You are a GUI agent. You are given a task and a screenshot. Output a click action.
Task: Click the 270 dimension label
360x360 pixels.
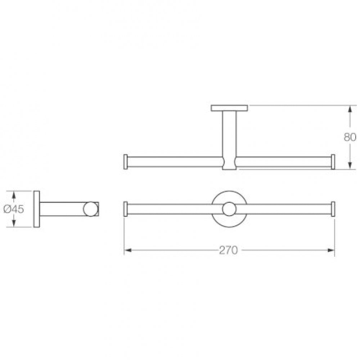click(x=228, y=250)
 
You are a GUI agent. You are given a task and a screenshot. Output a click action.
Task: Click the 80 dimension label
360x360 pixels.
click(x=350, y=137)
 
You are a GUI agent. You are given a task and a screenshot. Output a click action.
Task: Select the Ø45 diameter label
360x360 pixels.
click(x=14, y=209)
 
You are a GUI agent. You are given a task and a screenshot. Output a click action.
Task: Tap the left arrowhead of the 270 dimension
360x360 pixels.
click(x=128, y=250)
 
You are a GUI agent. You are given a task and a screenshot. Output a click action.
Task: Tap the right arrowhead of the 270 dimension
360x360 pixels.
click(x=331, y=250)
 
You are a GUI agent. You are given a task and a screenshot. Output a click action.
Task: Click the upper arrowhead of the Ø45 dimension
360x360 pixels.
click(x=14, y=195)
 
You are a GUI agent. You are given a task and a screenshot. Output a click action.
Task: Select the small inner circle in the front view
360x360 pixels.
click(x=229, y=209)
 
